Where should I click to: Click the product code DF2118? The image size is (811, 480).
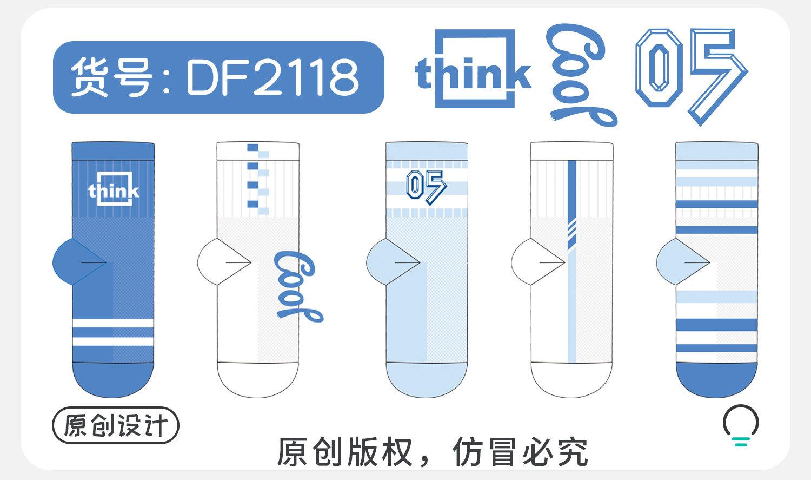coord(272,77)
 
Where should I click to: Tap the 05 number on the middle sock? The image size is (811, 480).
coord(426,187)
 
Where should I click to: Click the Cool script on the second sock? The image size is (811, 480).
coord(298,287)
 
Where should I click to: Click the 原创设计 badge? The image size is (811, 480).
coord(115,425)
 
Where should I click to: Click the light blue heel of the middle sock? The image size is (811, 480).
coord(387,262)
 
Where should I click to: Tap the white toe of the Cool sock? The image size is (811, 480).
coord(258,382)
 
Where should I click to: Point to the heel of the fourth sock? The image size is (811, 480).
coord(533,262)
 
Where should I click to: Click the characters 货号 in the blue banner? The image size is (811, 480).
coord(111,77)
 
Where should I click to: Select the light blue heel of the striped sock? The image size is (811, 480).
coord(676,262)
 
